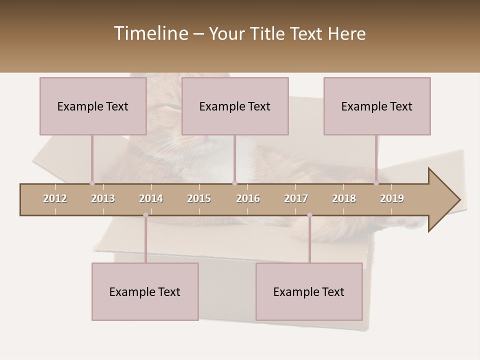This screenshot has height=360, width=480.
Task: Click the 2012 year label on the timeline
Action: click(55, 198)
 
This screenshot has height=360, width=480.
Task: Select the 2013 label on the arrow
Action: click(103, 198)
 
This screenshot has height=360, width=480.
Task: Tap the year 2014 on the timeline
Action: click(151, 198)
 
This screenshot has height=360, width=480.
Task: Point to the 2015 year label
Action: click(199, 198)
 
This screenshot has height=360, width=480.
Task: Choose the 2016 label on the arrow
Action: click(248, 198)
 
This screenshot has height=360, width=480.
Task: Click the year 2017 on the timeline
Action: click(296, 198)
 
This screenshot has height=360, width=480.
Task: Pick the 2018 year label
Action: click(344, 198)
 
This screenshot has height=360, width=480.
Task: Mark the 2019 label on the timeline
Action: click(392, 198)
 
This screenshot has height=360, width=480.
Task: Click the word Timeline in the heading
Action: click(150, 33)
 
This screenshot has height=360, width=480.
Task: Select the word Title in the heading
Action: click(268, 33)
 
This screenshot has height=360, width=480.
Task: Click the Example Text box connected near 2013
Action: click(93, 106)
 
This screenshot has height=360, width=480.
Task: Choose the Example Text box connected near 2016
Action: click(235, 106)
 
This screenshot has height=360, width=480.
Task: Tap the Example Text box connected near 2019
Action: click(377, 106)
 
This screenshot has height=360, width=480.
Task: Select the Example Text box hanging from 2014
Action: click(145, 291)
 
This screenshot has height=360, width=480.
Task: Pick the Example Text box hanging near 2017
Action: click(309, 291)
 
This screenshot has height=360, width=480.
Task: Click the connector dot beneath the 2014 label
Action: click(145, 215)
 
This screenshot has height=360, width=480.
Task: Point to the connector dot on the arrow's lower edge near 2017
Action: click(309, 215)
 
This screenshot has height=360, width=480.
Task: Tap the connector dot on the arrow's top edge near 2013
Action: click(92, 183)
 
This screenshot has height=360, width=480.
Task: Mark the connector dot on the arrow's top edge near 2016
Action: click(234, 183)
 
